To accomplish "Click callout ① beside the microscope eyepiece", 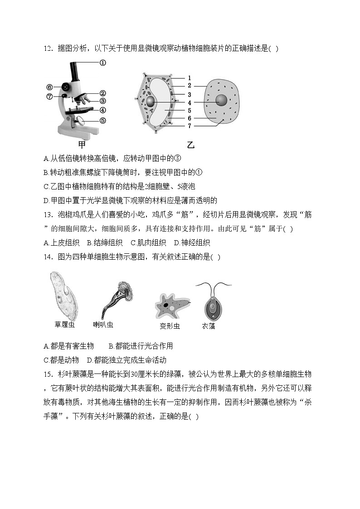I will point(102,63).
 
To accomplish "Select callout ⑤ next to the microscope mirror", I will point(103,121).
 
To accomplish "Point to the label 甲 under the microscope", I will point(82,145).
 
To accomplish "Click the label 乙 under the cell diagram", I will point(190,145).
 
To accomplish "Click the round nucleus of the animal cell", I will point(221,101).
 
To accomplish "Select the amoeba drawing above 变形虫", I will point(171,305).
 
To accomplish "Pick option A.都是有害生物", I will point(69,346).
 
